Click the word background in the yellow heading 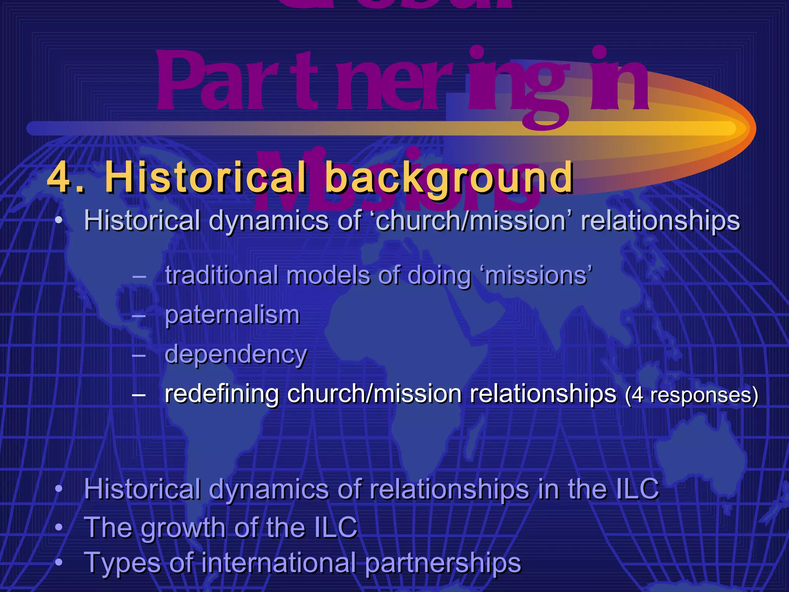pyautogui.click(x=449, y=178)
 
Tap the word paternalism pyautogui.click(x=232, y=315)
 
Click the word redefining pyautogui.click(x=222, y=394)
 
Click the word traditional pyautogui.click(x=222, y=276)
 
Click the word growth pyautogui.click(x=183, y=528)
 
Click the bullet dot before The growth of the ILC pyautogui.click(x=59, y=527)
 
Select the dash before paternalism pyautogui.click(x=139, y=316)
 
